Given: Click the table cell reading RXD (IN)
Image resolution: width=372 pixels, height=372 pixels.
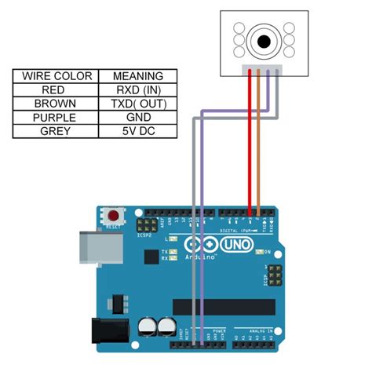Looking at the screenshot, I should pos(137,89).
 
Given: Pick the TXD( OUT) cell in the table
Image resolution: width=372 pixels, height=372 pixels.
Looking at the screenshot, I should pos(137,103).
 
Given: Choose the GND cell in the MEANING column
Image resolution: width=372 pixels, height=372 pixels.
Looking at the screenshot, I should pos(137,116).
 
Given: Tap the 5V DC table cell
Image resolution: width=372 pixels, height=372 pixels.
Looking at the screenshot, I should pos(137,129).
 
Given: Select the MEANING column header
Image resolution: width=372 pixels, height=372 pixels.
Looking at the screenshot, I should pos(137,76).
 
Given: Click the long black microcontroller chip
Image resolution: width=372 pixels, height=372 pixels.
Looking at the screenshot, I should pos(224,307).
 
